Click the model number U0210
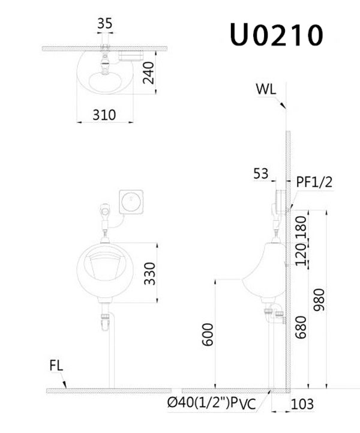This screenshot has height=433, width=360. click(276, 35)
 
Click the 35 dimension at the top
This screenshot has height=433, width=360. click(105, 23)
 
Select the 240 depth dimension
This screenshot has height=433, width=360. click(148, 73)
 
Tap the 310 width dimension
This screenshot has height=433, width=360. click(104, 115)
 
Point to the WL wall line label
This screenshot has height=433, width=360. click(266, 89)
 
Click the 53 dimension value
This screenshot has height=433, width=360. click(260, 174)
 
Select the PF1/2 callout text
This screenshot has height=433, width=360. click(314, 182)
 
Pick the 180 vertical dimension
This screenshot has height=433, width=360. click(301, 227)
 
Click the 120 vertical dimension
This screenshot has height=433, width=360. click(301, 255)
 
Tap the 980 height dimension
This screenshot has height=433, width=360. click(319, 300)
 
